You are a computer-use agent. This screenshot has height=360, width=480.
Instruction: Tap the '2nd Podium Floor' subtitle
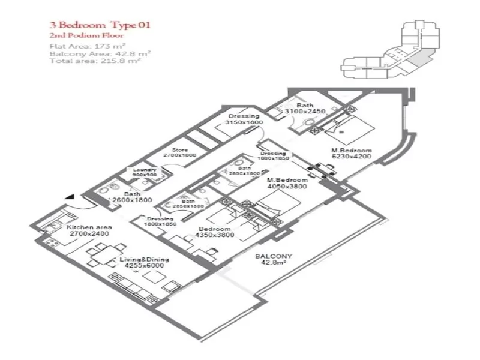tap(79, 36)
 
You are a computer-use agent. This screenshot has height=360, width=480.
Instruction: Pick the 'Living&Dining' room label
tap(144, 260)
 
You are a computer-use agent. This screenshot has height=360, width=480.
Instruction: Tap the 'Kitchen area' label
tap(89, 227)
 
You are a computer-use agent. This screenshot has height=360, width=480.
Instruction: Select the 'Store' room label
tap(180, 150)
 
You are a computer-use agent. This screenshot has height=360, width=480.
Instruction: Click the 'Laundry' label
tap(145, 170)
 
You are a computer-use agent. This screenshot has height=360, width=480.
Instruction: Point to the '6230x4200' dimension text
tap(352, 157)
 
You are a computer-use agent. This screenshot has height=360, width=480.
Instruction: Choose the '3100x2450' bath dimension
tap(305, 112)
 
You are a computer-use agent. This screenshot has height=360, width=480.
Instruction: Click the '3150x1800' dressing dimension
tap(243, 122)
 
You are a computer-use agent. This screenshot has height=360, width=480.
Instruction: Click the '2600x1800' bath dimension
tap(132, 200)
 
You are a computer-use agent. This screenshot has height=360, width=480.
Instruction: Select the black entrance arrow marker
tap(71, 196)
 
